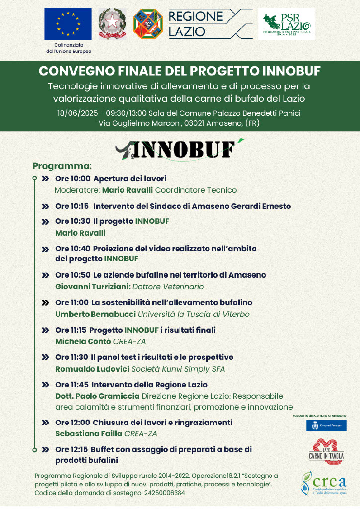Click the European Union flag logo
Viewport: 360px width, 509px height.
pyautogui.click(x=68, y=24)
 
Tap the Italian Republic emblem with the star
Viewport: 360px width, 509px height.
pyautogui.click(x=112, y=24)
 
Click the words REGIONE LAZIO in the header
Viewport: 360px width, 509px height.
pyautogui.click(x=195, y=24)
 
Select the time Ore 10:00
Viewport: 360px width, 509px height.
pyautogui.click(x=72, y=178)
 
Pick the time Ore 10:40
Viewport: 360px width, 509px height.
pyautogui.click(x=72, y=248)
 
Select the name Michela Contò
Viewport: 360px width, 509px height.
pyautogui.click(x=83, y=341)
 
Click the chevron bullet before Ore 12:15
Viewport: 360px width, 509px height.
pyautogui.click(x=45, y=450)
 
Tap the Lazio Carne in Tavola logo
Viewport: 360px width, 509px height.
pyautogui.click(x=326, y=450)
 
